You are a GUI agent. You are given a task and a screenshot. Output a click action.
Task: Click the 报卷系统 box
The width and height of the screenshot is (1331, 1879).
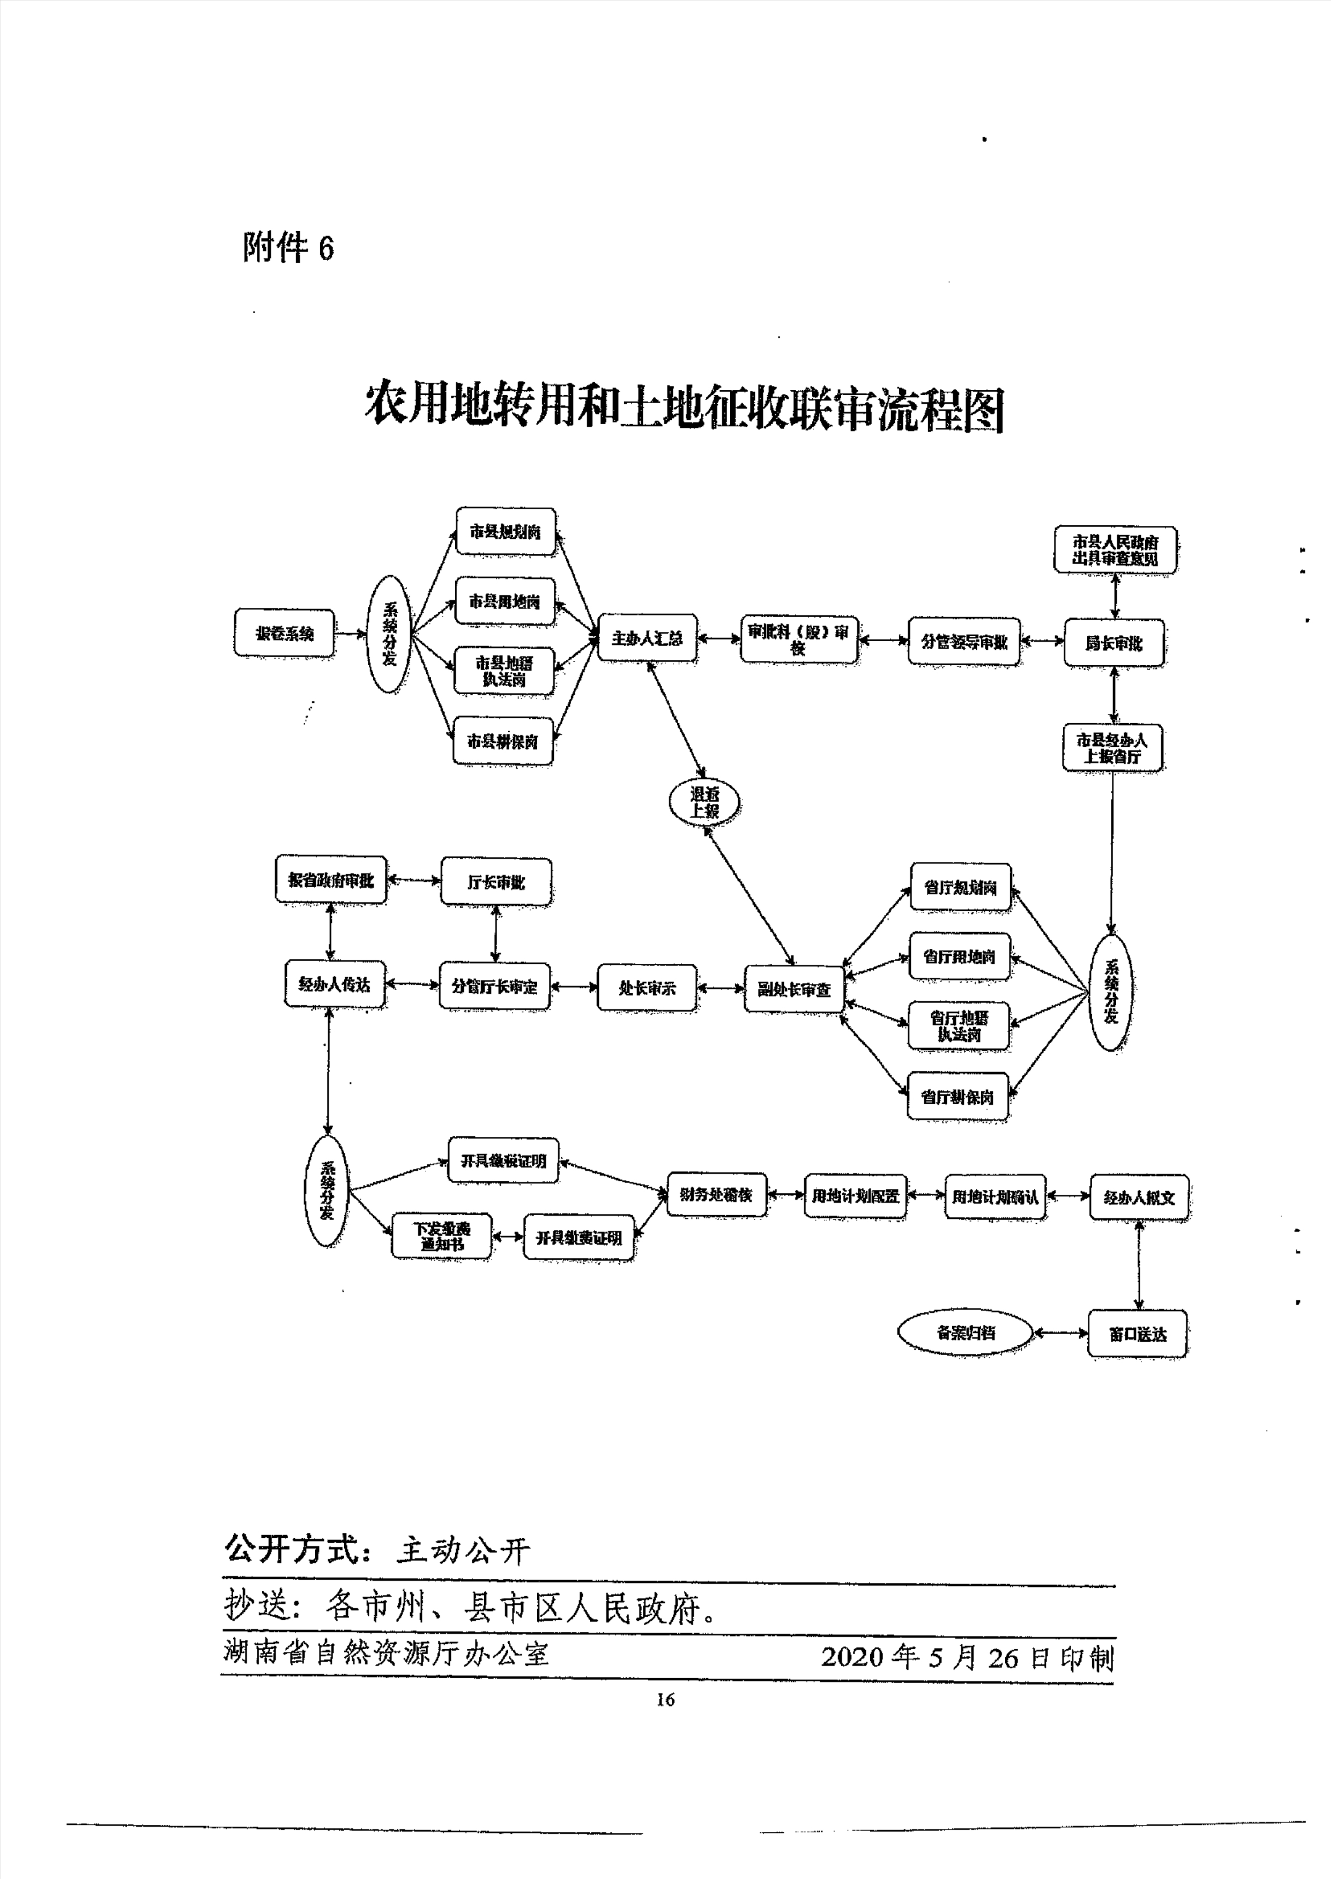pos(283,633)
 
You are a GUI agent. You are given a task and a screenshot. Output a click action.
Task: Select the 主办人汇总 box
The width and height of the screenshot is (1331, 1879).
pos(647,638)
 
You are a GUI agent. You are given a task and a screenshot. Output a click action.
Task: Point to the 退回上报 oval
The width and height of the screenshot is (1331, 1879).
pos(704,802)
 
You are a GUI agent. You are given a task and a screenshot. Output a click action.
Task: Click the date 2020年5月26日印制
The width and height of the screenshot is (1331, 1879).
pos(967,1657)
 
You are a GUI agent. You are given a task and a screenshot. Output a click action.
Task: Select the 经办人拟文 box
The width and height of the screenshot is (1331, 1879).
pos(1138,1198)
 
